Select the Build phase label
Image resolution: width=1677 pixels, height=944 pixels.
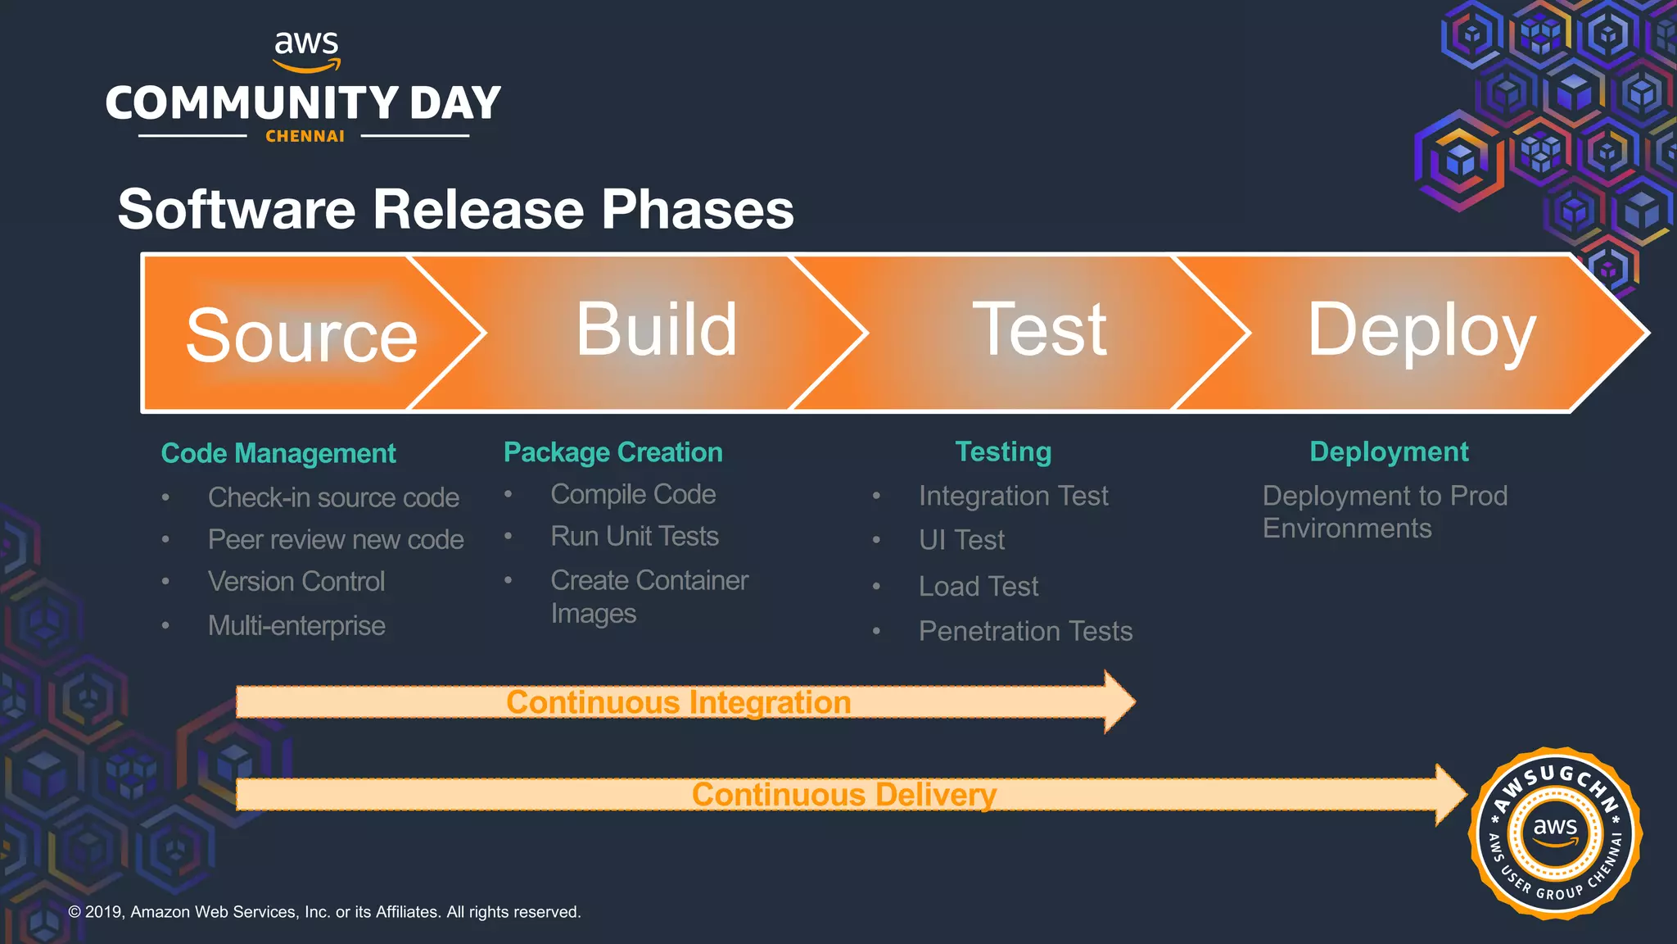[657, 329]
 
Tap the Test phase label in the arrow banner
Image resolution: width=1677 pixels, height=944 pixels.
[1039, 329]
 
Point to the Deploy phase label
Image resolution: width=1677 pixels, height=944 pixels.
[1421, 331]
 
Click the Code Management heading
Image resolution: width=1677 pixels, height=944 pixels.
[278, 453]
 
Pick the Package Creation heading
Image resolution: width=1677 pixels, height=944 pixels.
[612, 452]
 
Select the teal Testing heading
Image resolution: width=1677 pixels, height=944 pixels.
[1003, 452]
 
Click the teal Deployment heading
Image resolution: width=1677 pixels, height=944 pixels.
[1389, 452]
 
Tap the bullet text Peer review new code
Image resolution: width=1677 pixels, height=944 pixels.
[336, 539]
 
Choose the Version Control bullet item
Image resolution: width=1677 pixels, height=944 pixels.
[296, 581]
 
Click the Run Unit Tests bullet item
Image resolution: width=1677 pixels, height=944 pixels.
[635, 536]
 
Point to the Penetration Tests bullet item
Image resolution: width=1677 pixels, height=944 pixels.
[1025, 631]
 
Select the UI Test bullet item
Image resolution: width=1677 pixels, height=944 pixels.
[961, 540]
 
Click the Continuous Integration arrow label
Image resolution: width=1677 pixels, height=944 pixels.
[678, 702]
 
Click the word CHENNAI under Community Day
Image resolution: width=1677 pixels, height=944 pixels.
[305, 137]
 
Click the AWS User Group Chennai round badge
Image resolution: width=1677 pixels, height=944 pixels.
[1555, 833]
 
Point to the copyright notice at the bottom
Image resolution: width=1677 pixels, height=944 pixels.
[324, 912]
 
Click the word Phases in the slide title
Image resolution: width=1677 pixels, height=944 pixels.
[698, 210]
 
